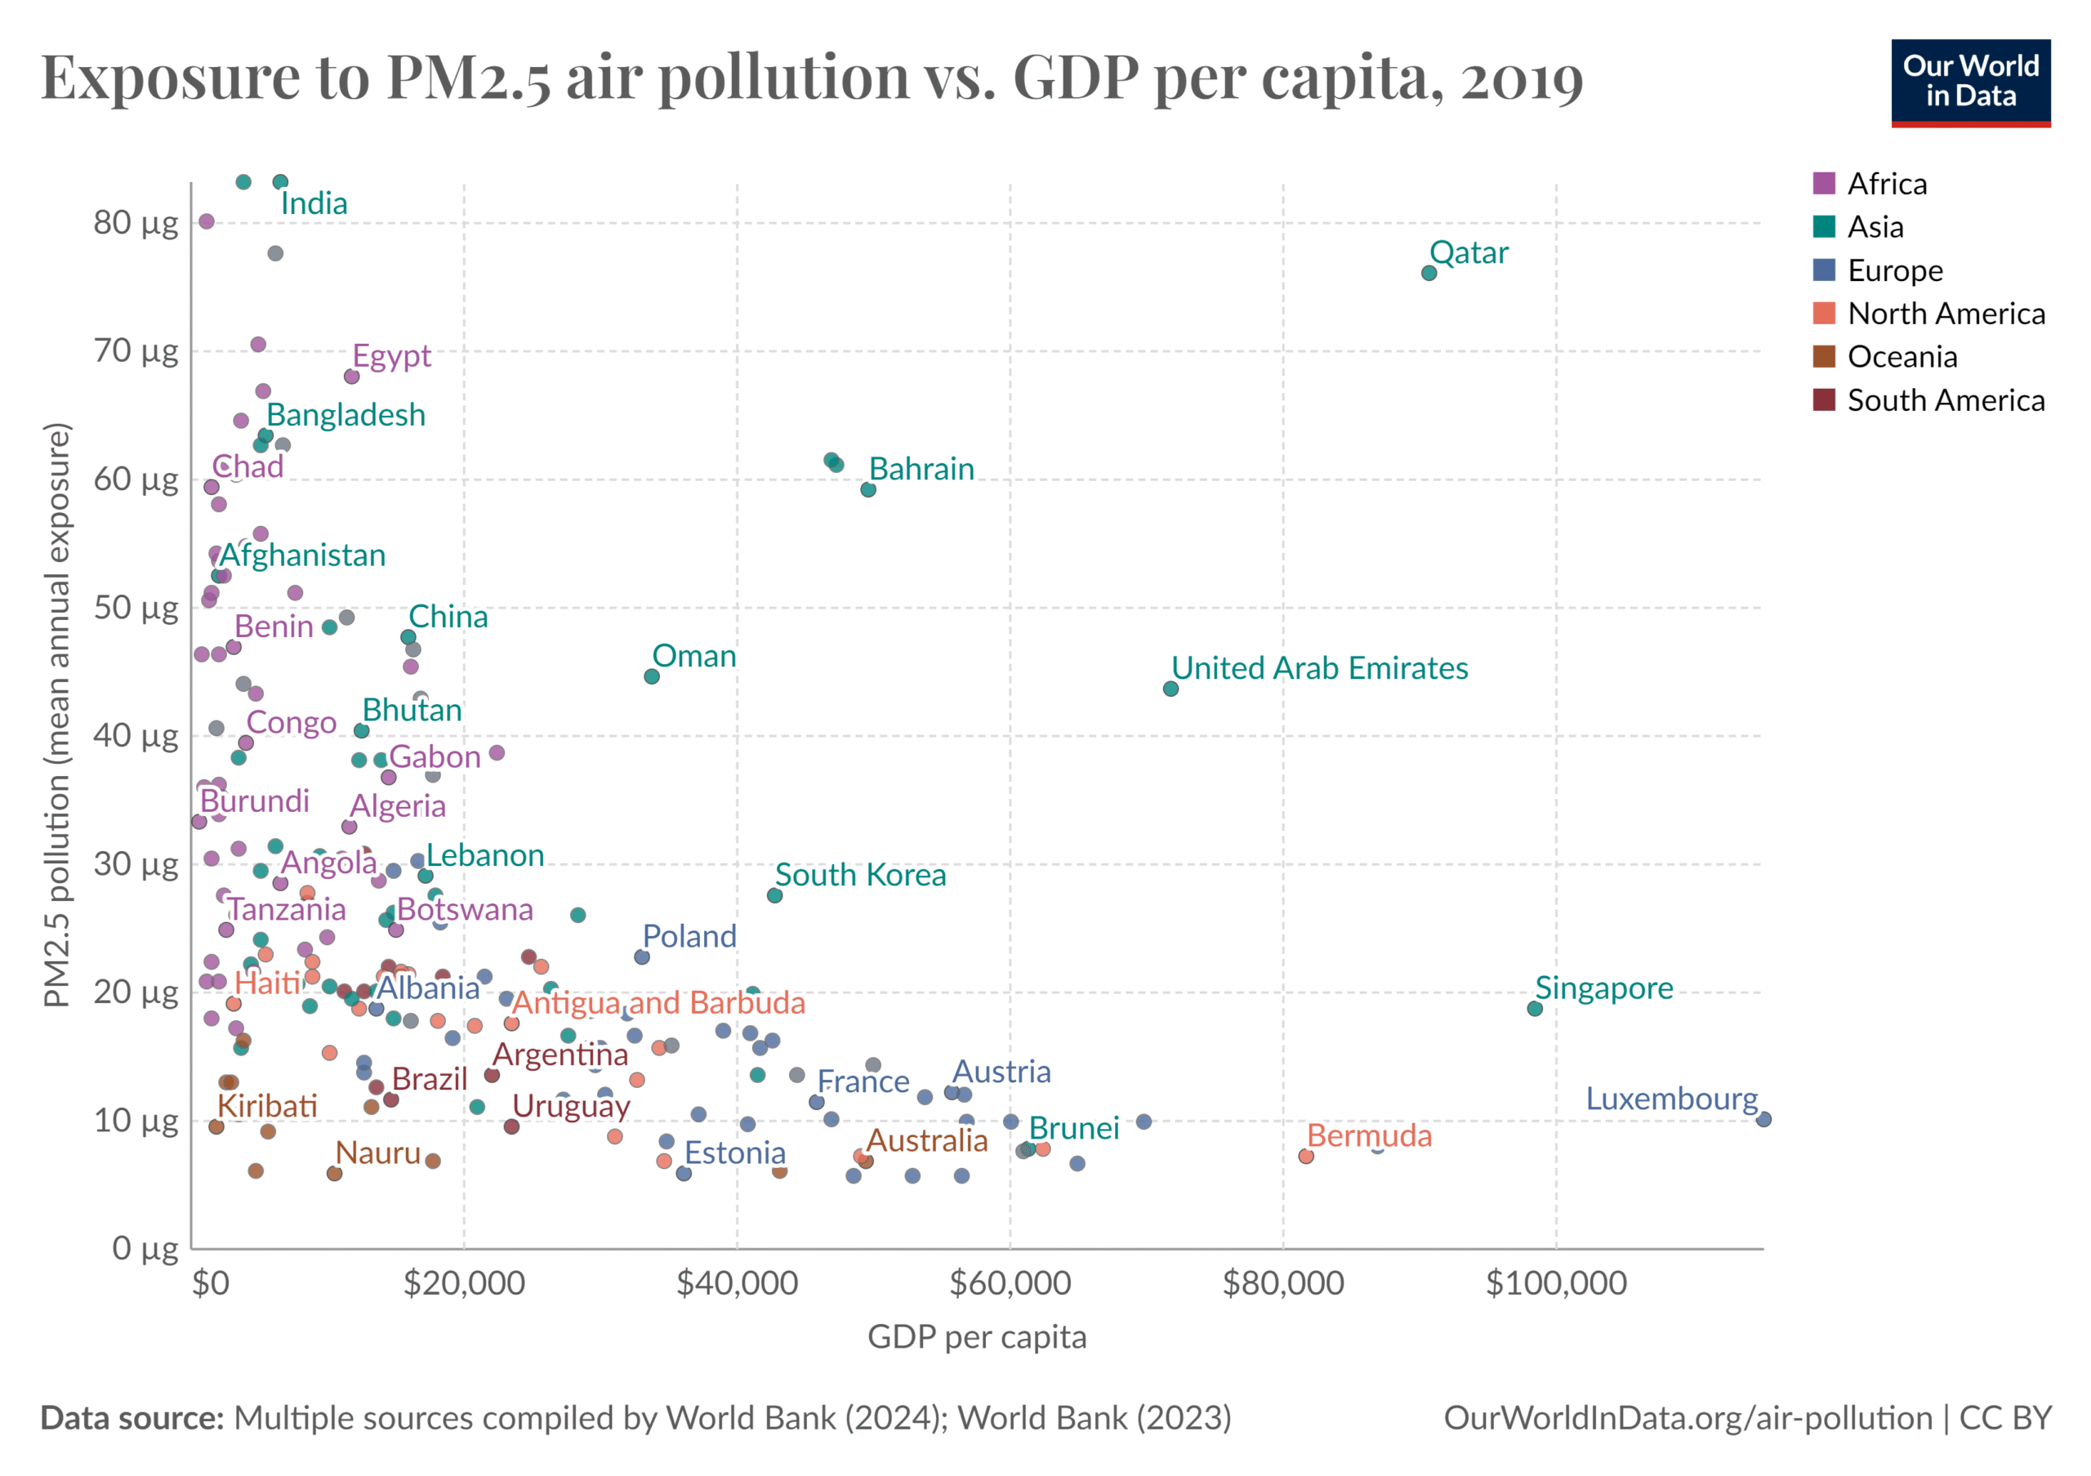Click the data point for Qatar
click(1429, 273)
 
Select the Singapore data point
click(1535, 1009)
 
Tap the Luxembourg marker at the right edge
click(1764, 1119)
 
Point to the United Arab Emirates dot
click(1171, 689)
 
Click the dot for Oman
click(652, 676)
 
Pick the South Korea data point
click(775, 896)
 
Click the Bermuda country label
click(1369, 1135)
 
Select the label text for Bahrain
click(921, 469)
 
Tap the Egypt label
click(391, 355)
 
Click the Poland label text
click(689, 936)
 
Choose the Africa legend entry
click(1886, 184)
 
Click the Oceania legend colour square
click(1824, 357)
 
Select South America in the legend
click(1946, 400)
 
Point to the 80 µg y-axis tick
click(136, 222)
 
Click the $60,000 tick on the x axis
click(1010, 1284)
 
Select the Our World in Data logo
click(1971, 82)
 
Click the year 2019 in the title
click(1522, 78)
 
